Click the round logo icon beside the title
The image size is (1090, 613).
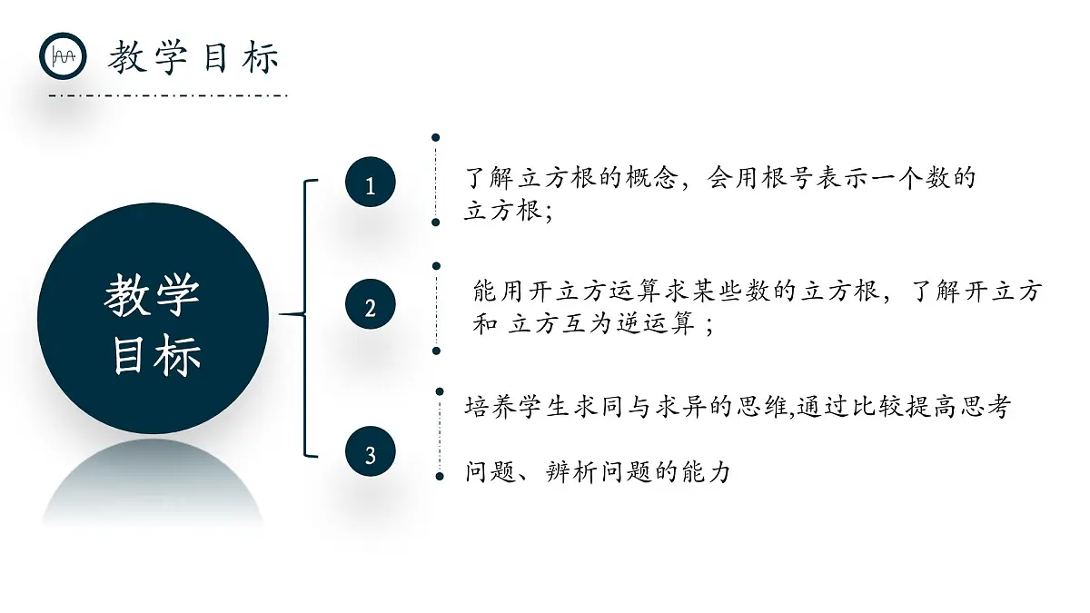(63, 56)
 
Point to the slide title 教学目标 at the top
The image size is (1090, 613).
(193, 58)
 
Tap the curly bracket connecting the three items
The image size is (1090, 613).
(307, 317)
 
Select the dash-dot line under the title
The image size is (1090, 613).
(168, 95)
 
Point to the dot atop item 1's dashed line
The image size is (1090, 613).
(436, 138)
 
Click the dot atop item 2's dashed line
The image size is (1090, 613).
(437, 266)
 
